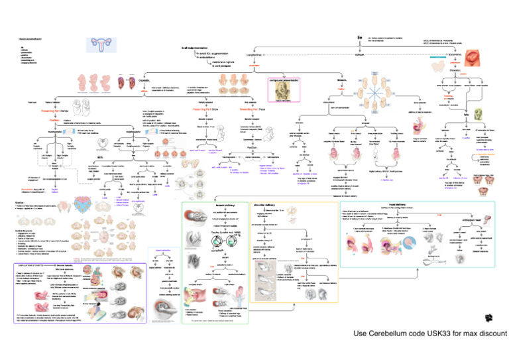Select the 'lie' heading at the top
pyautogui.click(x=359, y=39)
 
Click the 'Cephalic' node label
pyautogui.click(x=144, y=80)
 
